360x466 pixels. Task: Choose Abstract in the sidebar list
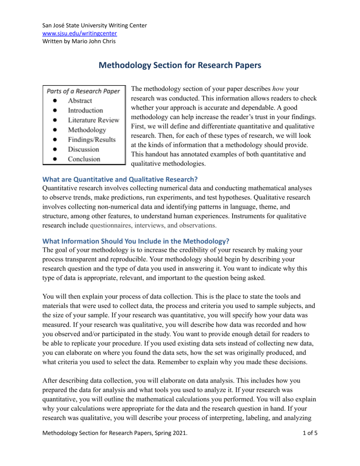click(x=80, y=100)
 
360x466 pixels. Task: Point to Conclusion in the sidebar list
click(x=84, y=159)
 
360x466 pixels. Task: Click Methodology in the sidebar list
click(x=87, y=130)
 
